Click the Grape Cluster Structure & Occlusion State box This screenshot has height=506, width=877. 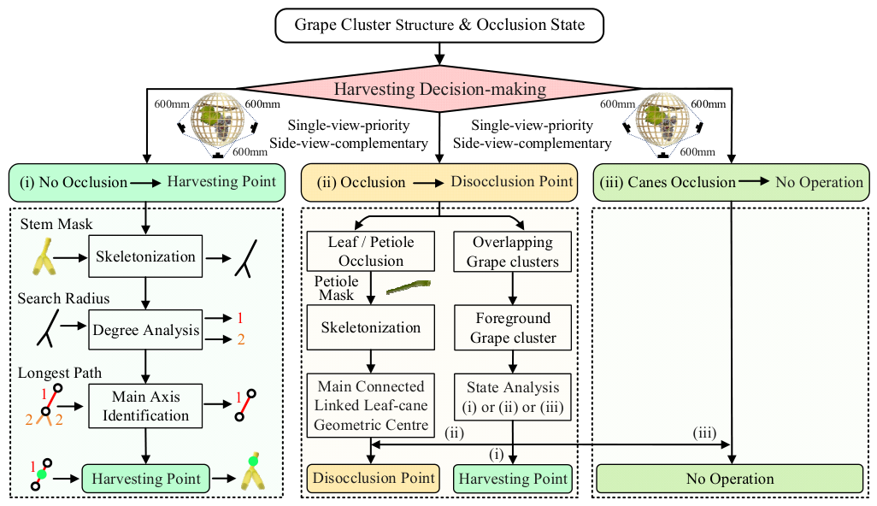click(x=439, y=25)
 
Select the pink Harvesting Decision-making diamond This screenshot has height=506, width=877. click(x=439, y=89)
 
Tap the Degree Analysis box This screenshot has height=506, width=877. click(x=145, y=330)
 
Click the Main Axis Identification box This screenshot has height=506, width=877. click(x=145, y=406)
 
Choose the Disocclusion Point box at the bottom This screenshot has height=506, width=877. click(x=373, y=479)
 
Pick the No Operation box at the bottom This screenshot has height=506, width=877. click(x=730, y=479)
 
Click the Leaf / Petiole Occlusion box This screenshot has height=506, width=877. click(x=371, y=251)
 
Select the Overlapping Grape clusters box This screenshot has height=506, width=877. click(x=513, y=251)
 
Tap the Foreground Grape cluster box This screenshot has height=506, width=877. click(x=513, y=327)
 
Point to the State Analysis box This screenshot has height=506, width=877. click(x=513, y=397)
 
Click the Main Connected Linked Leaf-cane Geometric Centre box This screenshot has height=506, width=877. click(x=371, y=405)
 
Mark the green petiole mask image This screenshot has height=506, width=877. click(x=409, y=287)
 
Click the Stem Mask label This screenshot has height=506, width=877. click(x=56, y=224)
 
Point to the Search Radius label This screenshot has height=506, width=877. click(x=63, y=298)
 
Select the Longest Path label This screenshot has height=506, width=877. click(x=60, y=373)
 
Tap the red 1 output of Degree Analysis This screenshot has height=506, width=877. click(x=240, y=318)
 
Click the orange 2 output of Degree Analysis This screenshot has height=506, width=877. click(x=241, y=339)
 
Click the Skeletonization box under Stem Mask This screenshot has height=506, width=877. click(x=145, y=256)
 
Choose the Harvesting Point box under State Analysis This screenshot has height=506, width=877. click(x=513, y=479)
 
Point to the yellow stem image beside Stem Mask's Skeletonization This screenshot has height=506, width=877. click(x=44, y=257)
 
